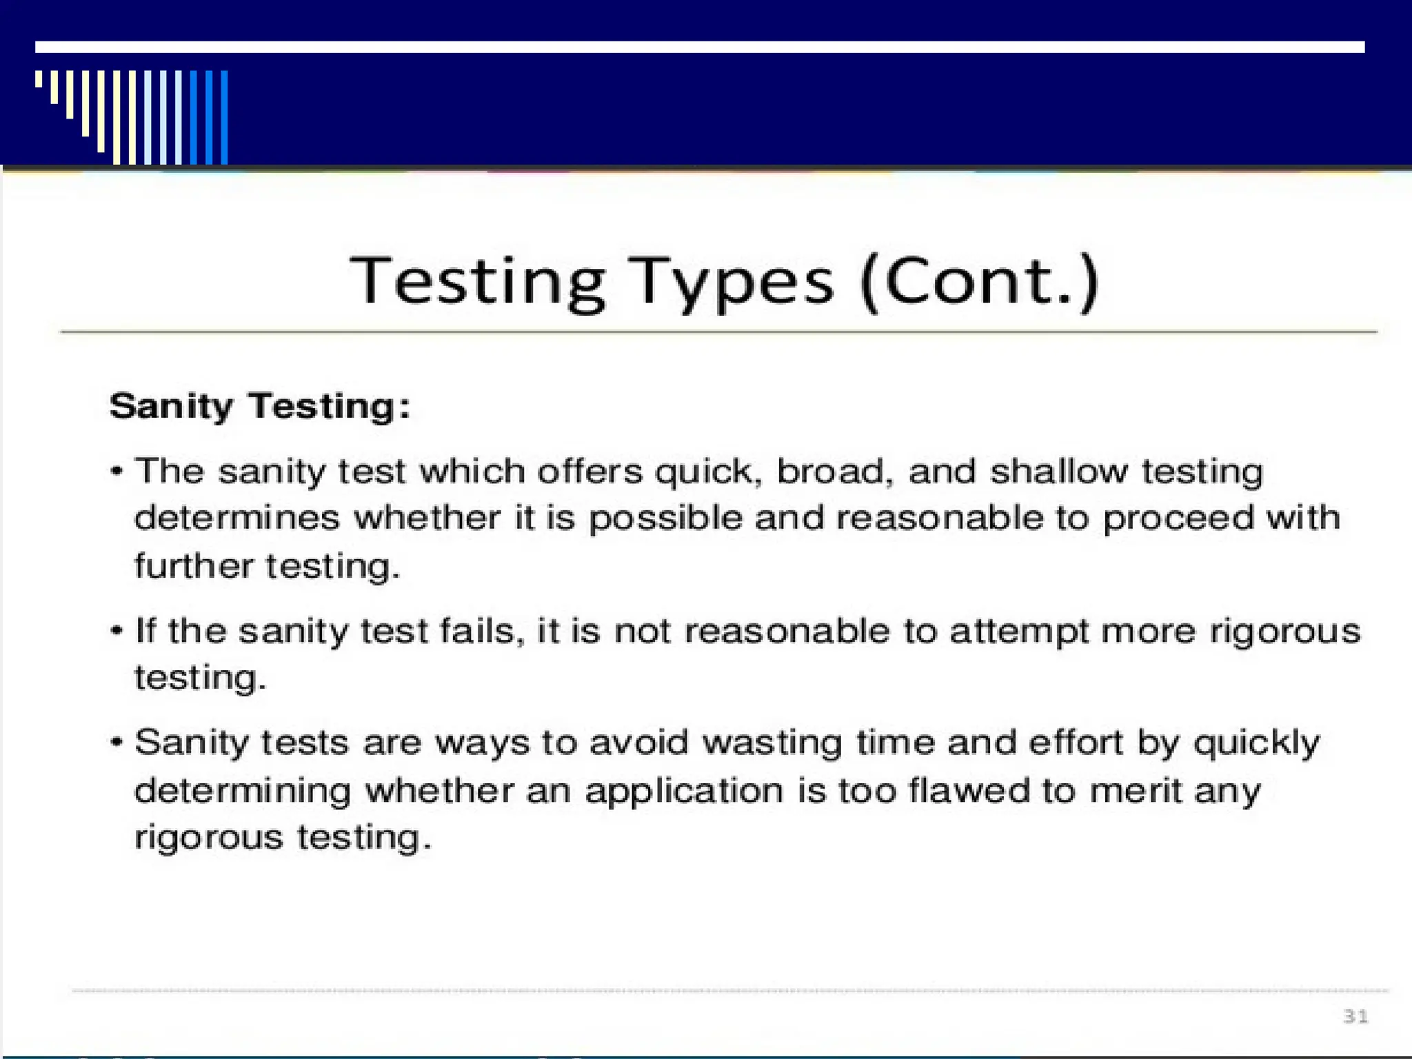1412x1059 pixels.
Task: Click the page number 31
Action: click(1355, 1016)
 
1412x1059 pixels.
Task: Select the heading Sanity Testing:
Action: click(260, 405)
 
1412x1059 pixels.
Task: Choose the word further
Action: click(194, 566)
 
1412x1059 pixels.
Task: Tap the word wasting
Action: click(772, 743)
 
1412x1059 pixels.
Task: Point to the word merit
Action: click(1136, 790)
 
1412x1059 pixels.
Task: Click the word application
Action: click(684, 791)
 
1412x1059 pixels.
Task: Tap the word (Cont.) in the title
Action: click(979, 282)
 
